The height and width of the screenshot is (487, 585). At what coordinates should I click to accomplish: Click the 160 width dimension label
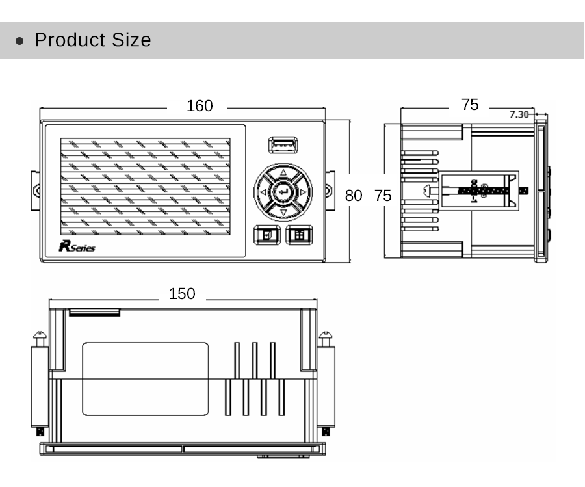click(x=200, y=106)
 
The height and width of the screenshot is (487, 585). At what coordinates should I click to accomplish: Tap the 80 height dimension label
click(x=354, y=196)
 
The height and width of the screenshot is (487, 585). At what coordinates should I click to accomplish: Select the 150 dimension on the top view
click(x=182, y=294)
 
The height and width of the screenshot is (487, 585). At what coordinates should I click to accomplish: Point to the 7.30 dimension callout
click(x=519, y=114)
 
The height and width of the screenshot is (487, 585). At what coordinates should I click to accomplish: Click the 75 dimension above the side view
click(x=470, y=105)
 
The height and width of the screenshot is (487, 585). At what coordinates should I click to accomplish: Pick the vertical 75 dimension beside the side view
click(x=383, y=196)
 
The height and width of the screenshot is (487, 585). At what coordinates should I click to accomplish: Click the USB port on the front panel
click(x=283, y=145)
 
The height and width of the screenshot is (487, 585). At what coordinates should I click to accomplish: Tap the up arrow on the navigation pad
click(x=283, y=172)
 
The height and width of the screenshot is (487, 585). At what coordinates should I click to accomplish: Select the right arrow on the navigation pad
click(x=303, y=192)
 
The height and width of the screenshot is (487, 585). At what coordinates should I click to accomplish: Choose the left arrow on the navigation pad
click(x=263, y=192)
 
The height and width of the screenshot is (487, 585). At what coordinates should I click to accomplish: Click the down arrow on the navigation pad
click(x=283, y=213)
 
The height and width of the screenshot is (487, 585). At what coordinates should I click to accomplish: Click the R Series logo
click(x=77, y=246)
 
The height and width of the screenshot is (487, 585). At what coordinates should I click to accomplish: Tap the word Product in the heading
click(x=70, y=40)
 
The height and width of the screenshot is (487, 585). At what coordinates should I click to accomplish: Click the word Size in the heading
click(x=131, y=40)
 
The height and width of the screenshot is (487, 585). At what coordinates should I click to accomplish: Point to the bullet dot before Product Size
click(x=19, y=41)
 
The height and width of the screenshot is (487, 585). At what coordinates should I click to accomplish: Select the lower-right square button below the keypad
click(x=299, y=235)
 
